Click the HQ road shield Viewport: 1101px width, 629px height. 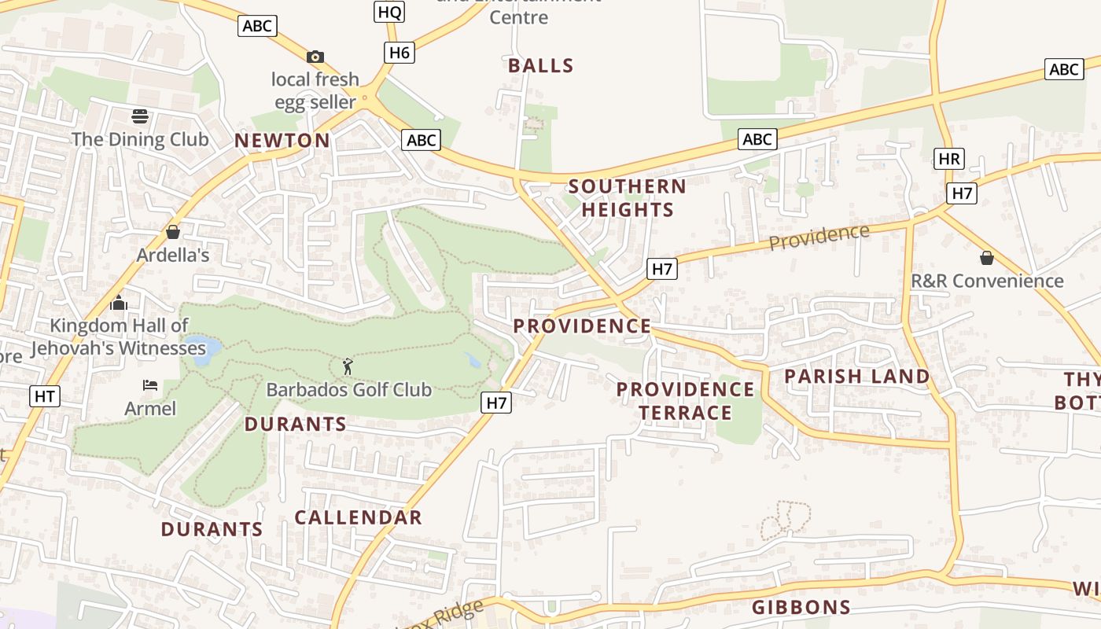pos(390,11)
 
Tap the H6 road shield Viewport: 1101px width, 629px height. pos(400,53)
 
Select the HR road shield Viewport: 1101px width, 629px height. pos(949,159)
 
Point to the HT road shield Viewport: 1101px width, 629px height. pos(44,396)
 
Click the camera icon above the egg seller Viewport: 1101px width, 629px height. pos(315,57)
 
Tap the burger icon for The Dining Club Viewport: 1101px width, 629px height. pos(140,117)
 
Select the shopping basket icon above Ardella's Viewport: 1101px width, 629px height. pos(173,232)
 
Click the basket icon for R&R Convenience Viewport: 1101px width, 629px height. pos(987,258)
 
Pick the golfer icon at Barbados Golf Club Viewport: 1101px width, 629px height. pos(348,366)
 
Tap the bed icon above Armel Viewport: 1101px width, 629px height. pos(150,385)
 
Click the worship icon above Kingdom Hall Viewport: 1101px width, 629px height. pos(119,303)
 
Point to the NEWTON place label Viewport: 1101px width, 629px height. pos(282,141)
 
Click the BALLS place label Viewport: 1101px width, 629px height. pos(541,66)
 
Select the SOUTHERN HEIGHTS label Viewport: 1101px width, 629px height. pos(628,198)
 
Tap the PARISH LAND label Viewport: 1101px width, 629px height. pos(857,377)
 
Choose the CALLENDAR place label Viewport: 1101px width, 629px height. pos(359,517)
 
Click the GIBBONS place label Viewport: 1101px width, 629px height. pos(801,607)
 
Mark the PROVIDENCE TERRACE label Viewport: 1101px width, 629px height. pos(685,401)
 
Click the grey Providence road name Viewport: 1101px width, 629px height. pos(819,237)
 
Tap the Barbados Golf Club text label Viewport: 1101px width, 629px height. pos(349,389)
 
